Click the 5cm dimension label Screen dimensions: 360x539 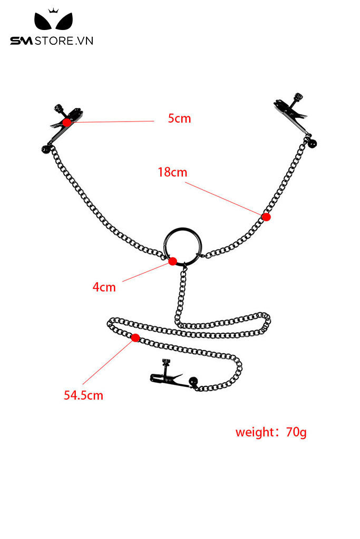pyautogui.click(x=179, y=118)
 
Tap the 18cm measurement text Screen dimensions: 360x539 pyautogui.click(x=172, y=172)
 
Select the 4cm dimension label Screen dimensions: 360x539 pyautogui.click(x=104, y=287)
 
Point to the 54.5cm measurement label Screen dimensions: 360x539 pyautogui.click(x=84, y=395)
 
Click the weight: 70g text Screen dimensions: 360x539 pyautogui.click(x=270, y=433)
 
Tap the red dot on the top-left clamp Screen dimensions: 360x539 pyautogui.click(x=67, y=122)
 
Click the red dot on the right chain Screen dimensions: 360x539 pyautogui.click(x=266, y=216)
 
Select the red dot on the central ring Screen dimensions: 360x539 pyautogui.click(x=172, y=261)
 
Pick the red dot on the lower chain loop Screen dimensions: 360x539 pyautogui.click(x=135, y=337)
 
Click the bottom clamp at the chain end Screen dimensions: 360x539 pyautogui.click(x=167, y=377)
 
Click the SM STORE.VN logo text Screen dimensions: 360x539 pyautogui.click(x=52, y=41)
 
